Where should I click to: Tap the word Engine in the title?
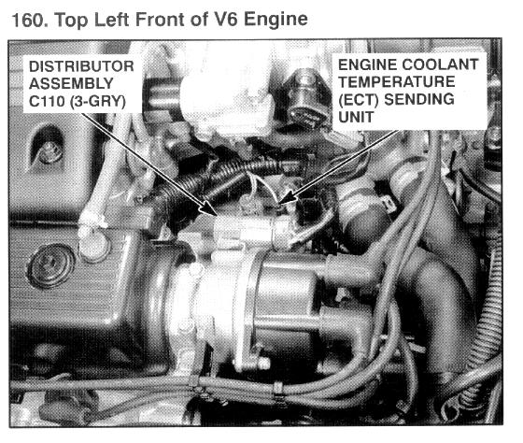tap(276, 20)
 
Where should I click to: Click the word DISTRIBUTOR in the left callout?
tap(81, 66)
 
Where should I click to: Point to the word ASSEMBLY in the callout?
tap(71, 83)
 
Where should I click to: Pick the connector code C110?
tap(47, 101)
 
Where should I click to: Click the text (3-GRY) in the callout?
tap(98, 102)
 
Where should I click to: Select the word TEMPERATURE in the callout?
tap(397, 82)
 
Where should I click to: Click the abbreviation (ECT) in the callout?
tap(359, 100)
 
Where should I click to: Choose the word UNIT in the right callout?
tap(356, 117)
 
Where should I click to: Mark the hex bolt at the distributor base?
tap(262, 364)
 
